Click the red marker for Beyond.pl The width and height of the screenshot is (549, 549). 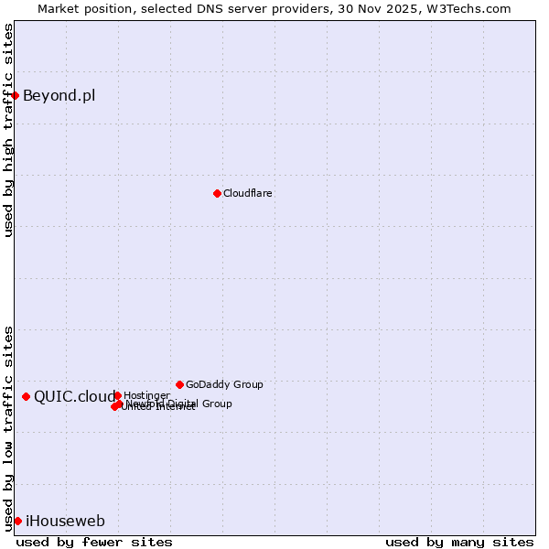pos(15,95)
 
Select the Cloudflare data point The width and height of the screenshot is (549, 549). pos(217,193)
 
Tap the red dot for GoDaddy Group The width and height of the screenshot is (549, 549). pos(179,384)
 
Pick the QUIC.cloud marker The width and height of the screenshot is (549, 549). pos(26,396)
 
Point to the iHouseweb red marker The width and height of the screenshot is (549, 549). pos(17,521)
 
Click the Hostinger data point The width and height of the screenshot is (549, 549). pos(117,395)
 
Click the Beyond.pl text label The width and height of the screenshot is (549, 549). pos(59,95)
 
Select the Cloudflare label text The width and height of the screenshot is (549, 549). pos(248,193)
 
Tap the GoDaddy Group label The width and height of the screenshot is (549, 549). pos(224,384)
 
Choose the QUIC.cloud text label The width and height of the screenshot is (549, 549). pos(74,396)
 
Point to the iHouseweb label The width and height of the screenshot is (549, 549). pos(65,521)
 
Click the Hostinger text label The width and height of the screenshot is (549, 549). pos(146,395)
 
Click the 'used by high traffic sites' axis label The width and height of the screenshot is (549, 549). pos(8,130)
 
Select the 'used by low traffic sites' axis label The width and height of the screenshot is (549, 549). pos(8,427)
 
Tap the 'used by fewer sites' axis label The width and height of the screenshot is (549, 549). pos(94,542)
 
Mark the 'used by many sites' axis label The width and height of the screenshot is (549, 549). pos(459,542)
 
